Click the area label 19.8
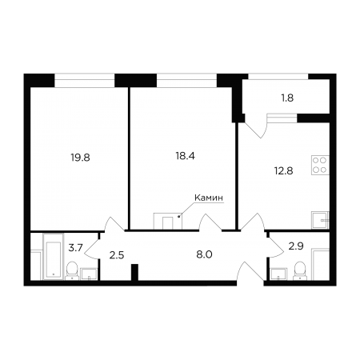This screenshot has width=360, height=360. (80, 158)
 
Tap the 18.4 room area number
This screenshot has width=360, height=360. (185, 156)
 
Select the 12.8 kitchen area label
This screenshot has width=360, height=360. (284, 170)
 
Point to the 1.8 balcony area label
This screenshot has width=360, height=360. (287, 98)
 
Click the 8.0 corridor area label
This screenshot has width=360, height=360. (204, 254)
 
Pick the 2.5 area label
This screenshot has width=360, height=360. (117, 255)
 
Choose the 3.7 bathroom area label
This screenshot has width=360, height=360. (76, 248)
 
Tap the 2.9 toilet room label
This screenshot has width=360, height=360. (296, 246)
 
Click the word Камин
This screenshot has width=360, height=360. (209, 198)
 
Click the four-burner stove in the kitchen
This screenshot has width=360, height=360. (320, 165)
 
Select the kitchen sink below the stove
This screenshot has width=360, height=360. (320, 220)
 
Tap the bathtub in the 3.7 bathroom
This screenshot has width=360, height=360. (54, 257)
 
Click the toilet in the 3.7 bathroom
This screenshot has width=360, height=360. (72, 270)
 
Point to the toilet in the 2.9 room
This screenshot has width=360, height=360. (300, 270)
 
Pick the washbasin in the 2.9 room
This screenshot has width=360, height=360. (278, 274)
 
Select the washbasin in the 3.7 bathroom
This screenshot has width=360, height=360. (89, 274)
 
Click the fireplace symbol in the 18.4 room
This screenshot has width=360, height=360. (168, 221)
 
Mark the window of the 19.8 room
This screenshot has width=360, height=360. (85, 80)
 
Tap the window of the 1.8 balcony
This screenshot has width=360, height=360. (278, 76)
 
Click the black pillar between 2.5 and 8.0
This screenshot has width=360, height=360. (135, 272)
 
